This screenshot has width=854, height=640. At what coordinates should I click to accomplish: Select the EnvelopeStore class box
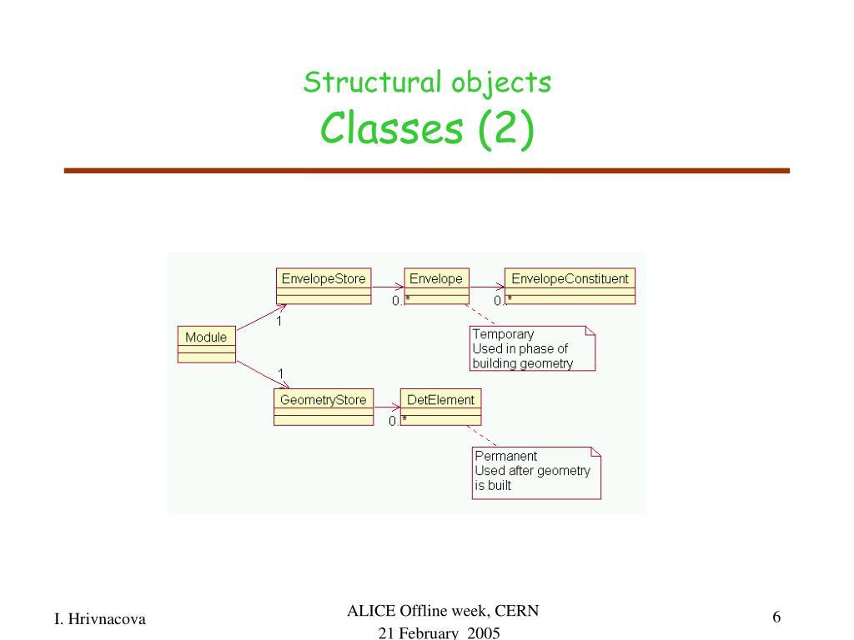[324, 285]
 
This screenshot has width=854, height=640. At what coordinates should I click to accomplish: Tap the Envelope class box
[435, 285]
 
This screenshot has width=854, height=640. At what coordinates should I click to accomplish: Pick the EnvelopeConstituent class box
[570, 285]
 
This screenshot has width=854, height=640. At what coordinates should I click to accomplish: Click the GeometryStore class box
[324, 406]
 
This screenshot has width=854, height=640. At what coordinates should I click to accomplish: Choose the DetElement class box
[440, 406]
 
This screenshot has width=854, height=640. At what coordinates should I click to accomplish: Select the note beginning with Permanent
[535, 470]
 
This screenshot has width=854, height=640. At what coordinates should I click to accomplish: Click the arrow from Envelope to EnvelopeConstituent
[487, 287]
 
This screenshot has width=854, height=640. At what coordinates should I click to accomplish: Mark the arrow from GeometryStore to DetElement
[387, 407]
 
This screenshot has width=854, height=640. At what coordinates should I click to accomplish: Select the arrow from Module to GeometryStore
[260, 373]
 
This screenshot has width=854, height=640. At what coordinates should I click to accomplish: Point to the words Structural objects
[427, 82]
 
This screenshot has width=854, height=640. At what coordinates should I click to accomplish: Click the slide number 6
[776, 617]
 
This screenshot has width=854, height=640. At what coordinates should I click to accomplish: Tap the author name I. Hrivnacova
[100, 618]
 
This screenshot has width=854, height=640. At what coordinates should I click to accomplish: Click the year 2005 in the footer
[484, 633]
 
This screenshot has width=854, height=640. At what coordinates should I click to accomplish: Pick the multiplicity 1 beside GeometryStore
[281, 372]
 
